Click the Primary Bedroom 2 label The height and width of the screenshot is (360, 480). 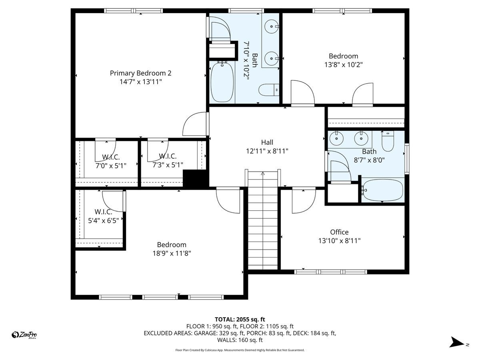tap(140, 73)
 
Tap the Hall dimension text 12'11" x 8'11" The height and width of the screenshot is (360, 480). tap(267, 151)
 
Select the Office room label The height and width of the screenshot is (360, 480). tap(339, 232)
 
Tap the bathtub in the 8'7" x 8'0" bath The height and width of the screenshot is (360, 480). tap(383, 191)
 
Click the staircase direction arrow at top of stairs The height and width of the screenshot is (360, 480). tap(263, 174)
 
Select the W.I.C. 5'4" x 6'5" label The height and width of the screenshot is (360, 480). tap(103, 212)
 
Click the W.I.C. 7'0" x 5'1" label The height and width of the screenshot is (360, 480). tap(111, 156)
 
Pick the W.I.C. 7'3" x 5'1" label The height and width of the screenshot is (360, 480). tap(168, 156)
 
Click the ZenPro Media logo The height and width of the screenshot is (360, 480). tap(25, 335)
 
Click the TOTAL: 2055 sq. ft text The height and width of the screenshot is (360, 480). tap(240, 319)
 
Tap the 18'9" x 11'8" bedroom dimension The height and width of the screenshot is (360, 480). tap(171, 253)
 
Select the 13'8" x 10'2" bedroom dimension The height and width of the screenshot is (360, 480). tap(343, 64)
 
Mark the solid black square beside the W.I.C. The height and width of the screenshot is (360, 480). tap(191, 178)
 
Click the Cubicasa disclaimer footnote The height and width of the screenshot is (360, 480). tap(240, 350)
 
